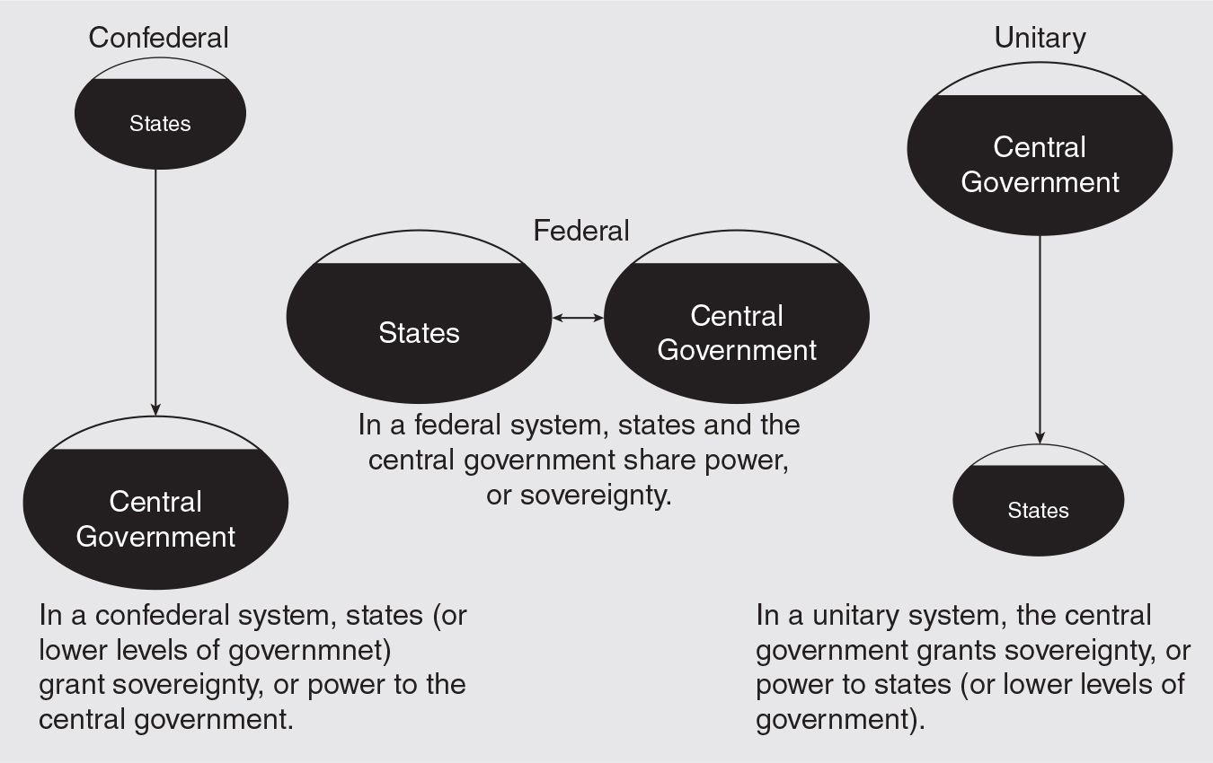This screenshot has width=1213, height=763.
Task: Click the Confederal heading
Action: pos(158,38)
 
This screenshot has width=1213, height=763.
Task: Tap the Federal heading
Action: pos(581,231)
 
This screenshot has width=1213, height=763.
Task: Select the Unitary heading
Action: pos(1040,38)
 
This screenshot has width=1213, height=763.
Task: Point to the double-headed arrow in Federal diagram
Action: pos(578,318)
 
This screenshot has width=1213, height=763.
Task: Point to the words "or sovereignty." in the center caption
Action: pos(579,495)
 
